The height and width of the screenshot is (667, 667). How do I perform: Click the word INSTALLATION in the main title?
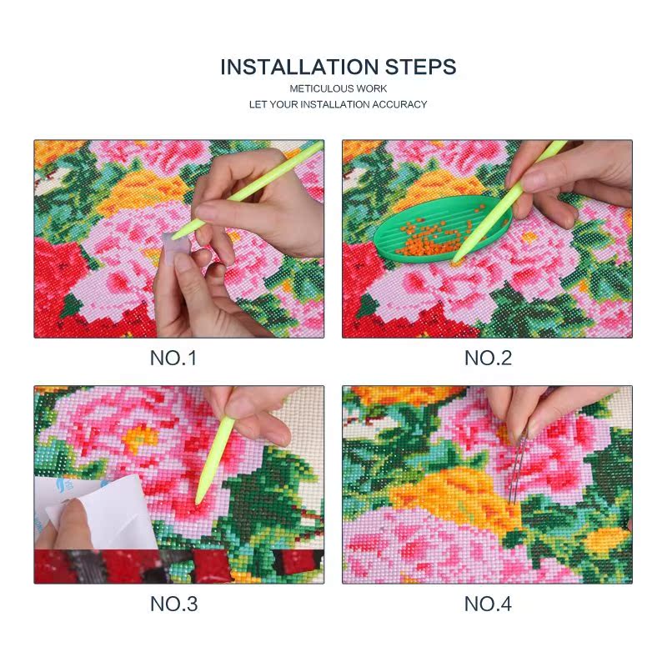click(298, 68)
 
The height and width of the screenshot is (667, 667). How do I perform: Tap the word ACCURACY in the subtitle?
click(403, 104)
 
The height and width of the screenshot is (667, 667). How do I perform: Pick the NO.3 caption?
click(173, 604)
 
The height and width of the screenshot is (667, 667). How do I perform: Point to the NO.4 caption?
click(488, 604)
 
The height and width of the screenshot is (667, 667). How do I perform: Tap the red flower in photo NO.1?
click(63, 283)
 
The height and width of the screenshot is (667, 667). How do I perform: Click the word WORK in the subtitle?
click(374, 88)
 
